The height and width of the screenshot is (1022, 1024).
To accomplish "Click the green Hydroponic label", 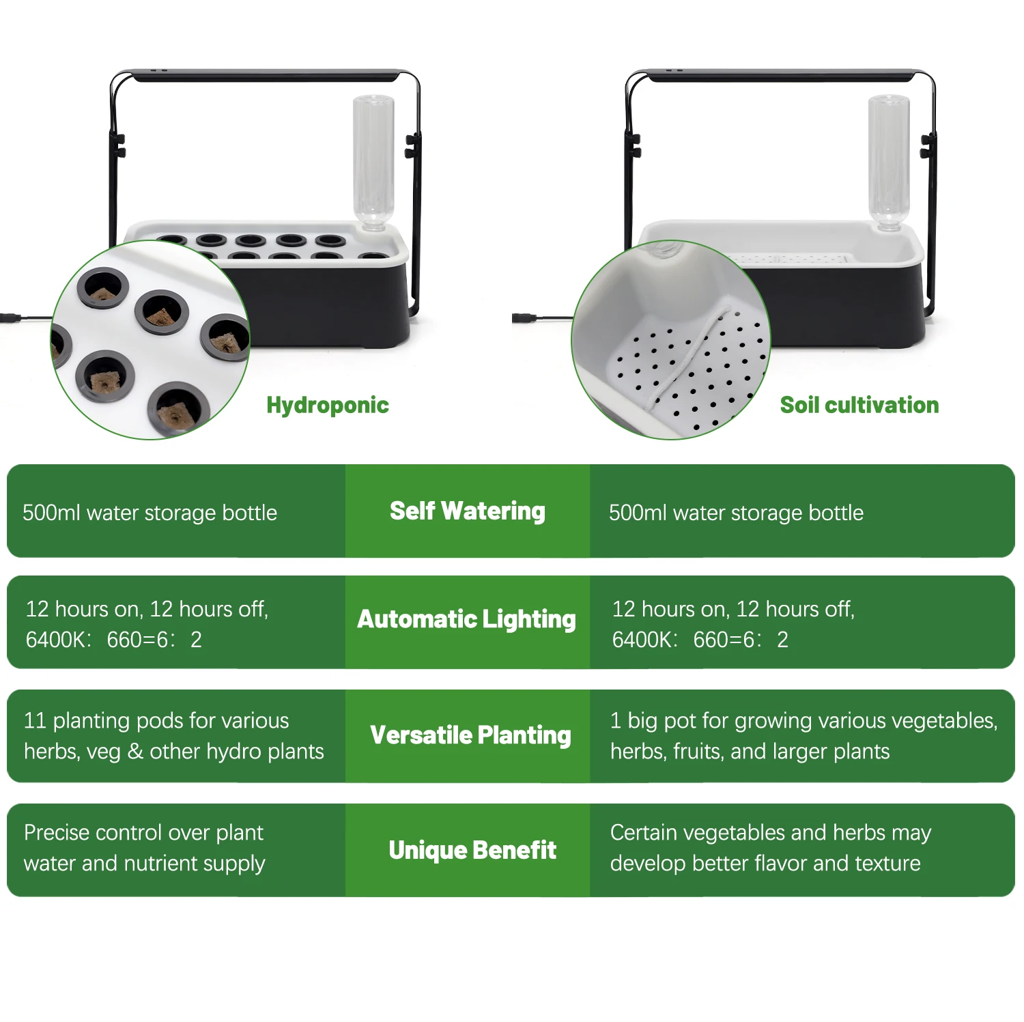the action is (328, 405).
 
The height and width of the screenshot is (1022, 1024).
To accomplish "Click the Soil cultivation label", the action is (859, 405).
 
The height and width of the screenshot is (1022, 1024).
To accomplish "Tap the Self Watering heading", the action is (468, 511).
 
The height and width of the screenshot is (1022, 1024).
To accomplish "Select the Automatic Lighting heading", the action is (467, 619).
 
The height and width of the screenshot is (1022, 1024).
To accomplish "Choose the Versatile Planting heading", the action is (470, 735).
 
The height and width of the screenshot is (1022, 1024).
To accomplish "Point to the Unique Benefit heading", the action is (472, 850).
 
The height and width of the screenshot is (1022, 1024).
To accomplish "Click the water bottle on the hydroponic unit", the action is (373, 160).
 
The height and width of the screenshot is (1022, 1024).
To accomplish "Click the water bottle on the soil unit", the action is (888, 160).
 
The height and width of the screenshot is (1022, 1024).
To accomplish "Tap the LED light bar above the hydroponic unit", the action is (266, 75).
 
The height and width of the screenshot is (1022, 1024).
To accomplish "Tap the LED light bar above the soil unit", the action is (782, 75).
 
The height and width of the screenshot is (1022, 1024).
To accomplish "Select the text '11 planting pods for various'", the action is (156, 720).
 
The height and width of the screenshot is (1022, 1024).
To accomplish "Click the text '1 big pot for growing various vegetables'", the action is (803, 720).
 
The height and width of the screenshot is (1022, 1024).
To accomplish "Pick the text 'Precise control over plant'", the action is (143, 832).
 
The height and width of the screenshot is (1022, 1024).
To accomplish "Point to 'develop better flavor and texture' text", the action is (765, 863).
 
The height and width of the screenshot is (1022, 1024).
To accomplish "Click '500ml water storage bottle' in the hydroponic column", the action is (150, 513).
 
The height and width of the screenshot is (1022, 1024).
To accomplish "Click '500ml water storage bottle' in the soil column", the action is (736, 513).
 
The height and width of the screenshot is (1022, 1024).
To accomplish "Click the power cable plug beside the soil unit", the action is (524, 318).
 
